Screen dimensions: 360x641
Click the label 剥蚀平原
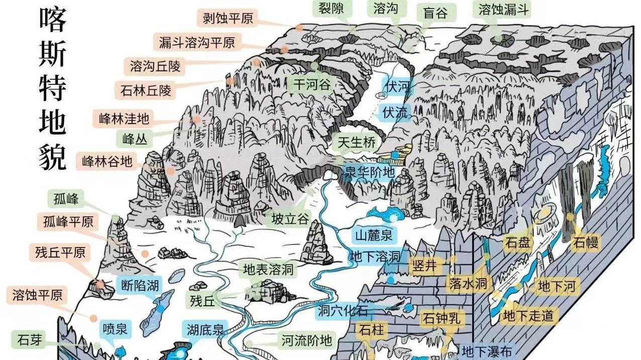tap(228, 19)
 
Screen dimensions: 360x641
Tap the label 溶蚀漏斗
tap(503, 9)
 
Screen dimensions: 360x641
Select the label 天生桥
tap(357, 143)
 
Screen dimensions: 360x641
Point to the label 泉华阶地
tap(369, 171)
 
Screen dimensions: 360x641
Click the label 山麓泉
tap(374, 234)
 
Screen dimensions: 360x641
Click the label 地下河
tap(556, 287)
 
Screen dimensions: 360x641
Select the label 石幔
tap(586, 243)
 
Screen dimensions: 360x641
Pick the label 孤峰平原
tap(68, 221)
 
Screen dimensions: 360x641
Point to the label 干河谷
tap(312, 84)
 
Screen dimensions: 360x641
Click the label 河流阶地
tap(306, 341)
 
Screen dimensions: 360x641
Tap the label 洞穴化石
tap(343, 311)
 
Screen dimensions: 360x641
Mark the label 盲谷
tap(435, 13)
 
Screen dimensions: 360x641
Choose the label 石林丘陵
tap(146, 90)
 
